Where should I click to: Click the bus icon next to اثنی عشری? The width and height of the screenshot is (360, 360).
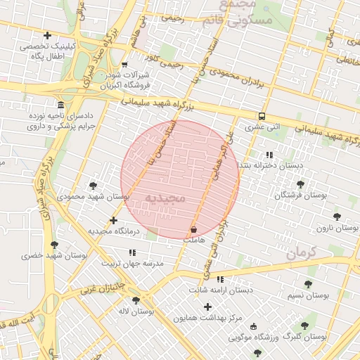tap(262, 116)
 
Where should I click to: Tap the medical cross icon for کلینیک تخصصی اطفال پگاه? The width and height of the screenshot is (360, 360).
tap(47, 35)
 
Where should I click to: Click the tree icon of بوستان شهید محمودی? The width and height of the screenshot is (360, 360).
tap(93, 186)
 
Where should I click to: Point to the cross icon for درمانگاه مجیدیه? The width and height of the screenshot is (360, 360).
tap(113, 220)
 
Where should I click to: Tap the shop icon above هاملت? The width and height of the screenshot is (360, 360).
tap(193, 229)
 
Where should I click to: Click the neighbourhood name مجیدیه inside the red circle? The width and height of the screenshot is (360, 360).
tap(164, 198)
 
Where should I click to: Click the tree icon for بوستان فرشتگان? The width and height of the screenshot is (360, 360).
tap(300, 184)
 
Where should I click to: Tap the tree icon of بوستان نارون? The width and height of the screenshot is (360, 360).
tap(337, 217)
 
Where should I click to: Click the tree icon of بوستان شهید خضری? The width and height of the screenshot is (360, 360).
tap(54, 245)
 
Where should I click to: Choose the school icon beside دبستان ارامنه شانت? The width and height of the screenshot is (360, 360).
tap(220, 279)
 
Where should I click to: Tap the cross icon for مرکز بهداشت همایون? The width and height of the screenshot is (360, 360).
tap(207, 307)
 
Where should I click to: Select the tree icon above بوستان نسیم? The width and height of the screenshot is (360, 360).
tap(307, 284)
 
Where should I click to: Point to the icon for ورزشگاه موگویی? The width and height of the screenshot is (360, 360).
tap(253, 326)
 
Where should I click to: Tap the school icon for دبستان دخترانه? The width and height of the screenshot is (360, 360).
tap(269, 155)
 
